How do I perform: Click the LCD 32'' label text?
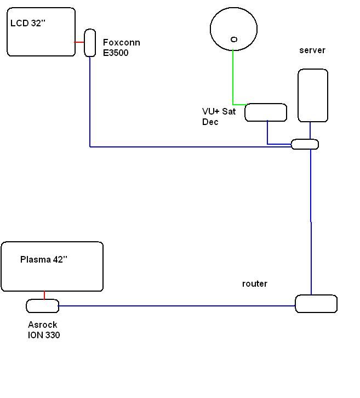pyautogui.click(x=27, y=24)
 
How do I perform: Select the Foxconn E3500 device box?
pyautogui.click(x=90, y=42)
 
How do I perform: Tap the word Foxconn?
pyautogui.click(x=121, y=43)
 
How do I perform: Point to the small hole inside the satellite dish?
pyautogui.click(x=234, y=39)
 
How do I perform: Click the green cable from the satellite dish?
pyautogui.click(x=233, y=77)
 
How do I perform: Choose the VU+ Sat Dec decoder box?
pyautogui.click(x=266, y=112)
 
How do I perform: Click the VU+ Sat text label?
pyautogui.click(x=219, y=111)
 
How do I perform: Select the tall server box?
pyautogui.click(x=313, y=95)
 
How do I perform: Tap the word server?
pyautogui.click(x=312, y=50)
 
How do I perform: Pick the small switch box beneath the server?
pyautogui.click(x=305, y=144)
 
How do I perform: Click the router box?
pyautogui.click(x=316, y=304)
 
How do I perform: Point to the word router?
pyautogui.click(x=255, y=284)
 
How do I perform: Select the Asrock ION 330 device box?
pyautogui.click(x=43, y=305)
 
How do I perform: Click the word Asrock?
pyautogui.click(x=43, y=325)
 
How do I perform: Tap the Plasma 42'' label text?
pyautogui.click(x=44, y=260)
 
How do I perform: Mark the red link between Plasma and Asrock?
pyautogui.click(x=44, y=295)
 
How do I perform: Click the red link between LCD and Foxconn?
pyautogui.click(x=79, y=42)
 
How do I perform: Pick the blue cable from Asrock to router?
pyautogui.click(x=175, y=306)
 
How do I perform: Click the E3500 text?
pyautogui.click(x=116, y=53)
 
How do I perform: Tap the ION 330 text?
pyautogui.click(x=44, y=335)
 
